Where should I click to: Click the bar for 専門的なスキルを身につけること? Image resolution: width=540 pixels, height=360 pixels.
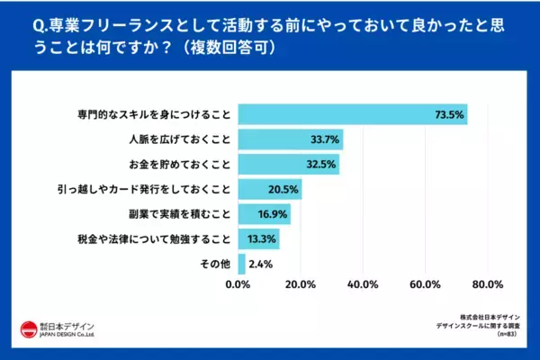tap(352, 115)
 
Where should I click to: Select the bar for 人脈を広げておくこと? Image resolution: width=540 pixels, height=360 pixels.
tap(290, 139)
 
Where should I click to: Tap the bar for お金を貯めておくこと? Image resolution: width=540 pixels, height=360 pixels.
tap(288, 165)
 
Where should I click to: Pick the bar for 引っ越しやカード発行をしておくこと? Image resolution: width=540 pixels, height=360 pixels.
tap(269, 189)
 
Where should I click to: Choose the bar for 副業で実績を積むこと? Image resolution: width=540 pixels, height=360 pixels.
tap(264, 214)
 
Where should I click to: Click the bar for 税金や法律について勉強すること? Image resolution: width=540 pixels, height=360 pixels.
tap(258, 238)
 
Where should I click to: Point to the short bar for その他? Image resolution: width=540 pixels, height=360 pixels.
tap(241, 264)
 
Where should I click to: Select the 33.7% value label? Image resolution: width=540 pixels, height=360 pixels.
tap(323, 139)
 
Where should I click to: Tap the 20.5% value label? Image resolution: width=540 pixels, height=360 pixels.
tap(282, 189)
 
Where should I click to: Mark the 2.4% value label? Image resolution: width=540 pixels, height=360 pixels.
tap(260, 264)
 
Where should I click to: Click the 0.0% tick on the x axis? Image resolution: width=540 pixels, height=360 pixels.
tap(238, 286)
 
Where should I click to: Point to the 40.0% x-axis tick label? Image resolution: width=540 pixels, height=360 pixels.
tap(362, 286)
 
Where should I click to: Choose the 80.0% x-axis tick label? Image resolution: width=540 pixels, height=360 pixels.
tap(486, 286)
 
